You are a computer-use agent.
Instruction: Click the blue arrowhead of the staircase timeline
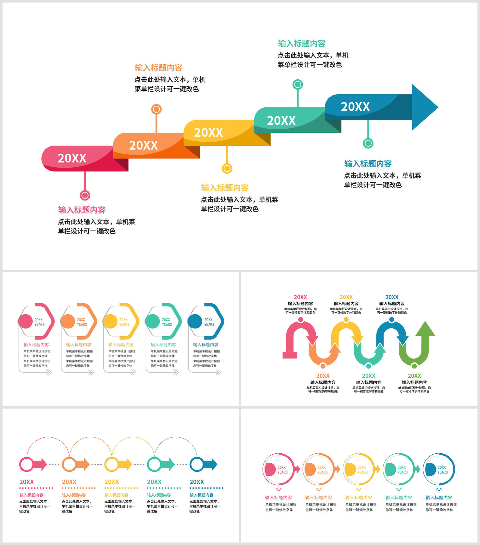click(x=423, y=107)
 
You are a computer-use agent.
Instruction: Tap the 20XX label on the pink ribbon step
click(x=72, y=158)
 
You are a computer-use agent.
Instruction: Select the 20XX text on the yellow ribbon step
click(x=208, y=132)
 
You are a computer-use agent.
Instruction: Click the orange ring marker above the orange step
click(x=156, y=109)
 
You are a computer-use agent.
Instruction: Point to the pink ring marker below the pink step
click(x=85, y=196)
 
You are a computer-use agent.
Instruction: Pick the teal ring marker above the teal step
click(x=298, y=85)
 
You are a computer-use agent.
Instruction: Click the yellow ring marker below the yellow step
click(x=227, y=168)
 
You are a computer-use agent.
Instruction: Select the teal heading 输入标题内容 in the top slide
click(x=302, y=44)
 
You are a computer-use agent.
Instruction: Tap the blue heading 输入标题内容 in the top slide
click(x=368, y=163)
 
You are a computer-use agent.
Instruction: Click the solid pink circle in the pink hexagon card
click(x=25, y=321)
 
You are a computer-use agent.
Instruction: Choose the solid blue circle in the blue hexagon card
click(x=195, y=321)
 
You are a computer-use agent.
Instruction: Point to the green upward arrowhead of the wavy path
click(x=425, y=328)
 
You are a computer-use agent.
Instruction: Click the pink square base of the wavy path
click(x=290, y=355)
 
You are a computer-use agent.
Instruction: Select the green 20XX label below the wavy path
click(x=414, y=376)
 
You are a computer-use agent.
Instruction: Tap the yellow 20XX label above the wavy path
click(x=346, y=297)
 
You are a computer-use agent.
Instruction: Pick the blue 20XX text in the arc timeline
click(x=197, y=482)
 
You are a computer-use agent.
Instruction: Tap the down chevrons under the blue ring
click(x=439, y=489)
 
